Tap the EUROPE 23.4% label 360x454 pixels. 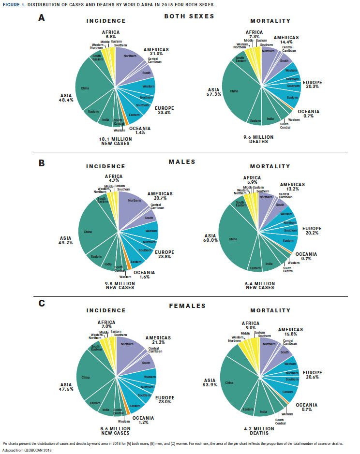[x=164, y=110]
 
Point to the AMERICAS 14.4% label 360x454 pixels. [x=286, y=40]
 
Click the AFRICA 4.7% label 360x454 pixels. [x=114, y=178]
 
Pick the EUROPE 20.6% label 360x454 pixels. [x=313, y=375]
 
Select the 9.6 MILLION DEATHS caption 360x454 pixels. [x=258, y=139]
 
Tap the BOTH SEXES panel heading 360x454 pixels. [x=189, y=16]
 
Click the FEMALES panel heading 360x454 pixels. [x=187, y=306]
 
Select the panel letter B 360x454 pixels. [x=42, y=163]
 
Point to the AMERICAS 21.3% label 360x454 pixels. [x=158, y=340]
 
